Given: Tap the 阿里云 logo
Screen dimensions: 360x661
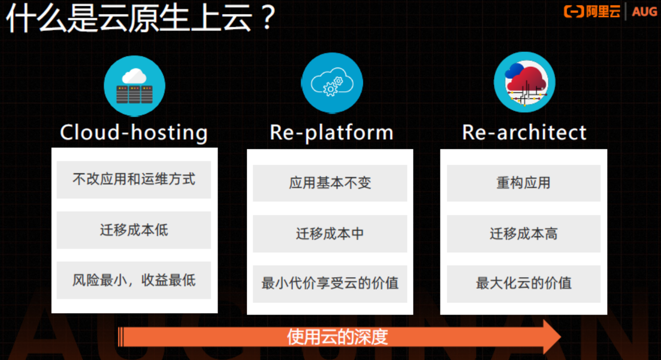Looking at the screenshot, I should click(592, 11).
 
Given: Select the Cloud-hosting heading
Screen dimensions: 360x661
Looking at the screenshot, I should click(134, 133).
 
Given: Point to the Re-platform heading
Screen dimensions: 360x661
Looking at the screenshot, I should click(331, 133).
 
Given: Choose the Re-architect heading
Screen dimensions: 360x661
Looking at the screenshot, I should click(524, 133).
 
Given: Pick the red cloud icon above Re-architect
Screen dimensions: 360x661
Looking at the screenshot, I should click(525, 83).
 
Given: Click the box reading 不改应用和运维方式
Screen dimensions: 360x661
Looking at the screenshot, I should click(134, 179).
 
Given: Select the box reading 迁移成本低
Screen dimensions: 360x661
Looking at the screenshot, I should click(134, 230).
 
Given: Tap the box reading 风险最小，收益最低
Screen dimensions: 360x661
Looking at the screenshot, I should click(134, 280).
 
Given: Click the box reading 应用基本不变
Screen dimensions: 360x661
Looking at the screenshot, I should click(330, 183).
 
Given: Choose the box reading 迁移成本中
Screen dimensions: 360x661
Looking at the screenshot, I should click(330, 234).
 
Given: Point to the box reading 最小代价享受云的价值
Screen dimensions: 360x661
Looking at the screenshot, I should click(330, 284).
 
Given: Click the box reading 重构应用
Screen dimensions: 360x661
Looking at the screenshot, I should click(523, 183).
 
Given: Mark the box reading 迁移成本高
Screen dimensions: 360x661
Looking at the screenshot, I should click(523, 234).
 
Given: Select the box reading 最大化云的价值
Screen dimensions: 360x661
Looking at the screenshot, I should click(523, 284).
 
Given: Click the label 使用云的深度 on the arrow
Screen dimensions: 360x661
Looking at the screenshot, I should click(337, 338).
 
